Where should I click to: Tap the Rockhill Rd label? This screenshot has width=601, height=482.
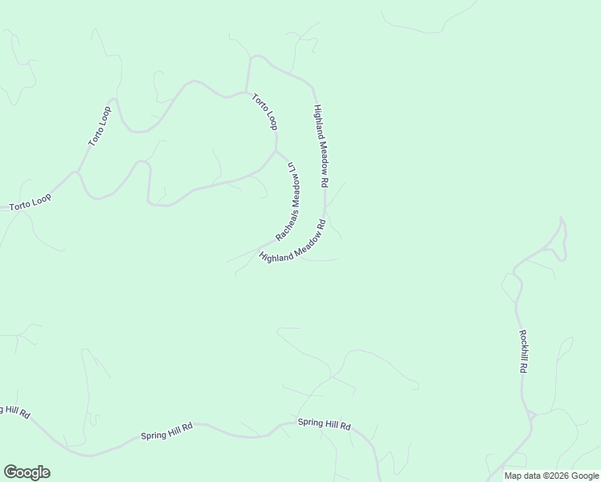pyautogui.click(x=522, y=352)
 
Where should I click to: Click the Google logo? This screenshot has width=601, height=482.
pyautogui.click(x=27, y=472)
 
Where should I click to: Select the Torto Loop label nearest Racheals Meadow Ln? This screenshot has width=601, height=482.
pyautogui.click(x=264, y=112)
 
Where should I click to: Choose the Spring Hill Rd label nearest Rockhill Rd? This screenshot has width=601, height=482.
pyautogui.click(x=324, y=423)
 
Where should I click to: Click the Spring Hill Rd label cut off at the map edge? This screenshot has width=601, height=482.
pyautogui.click(x=14, y=411)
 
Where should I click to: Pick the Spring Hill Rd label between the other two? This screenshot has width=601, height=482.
pyautogui.click(x=166, y=431)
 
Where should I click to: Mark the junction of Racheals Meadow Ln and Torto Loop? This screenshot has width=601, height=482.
pyautogui.click(x=276, y=150)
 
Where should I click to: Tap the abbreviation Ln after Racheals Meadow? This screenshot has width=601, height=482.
pyautogui.click(x=292, y=167)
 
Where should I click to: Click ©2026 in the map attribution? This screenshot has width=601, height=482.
pyautogui.click(x=550, y=476)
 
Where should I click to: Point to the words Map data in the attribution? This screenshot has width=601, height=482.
pyautogui.click(x=521, y=476)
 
